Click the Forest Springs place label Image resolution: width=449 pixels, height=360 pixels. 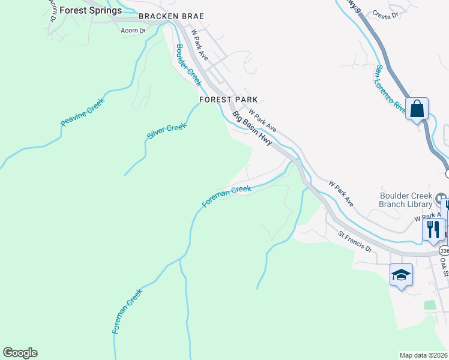tap(91, 10)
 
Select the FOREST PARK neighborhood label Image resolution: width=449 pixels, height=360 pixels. tap(229, 100)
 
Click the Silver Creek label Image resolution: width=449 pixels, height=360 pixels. tap(167, 131)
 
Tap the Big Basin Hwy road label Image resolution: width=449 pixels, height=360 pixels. tap(253, 128)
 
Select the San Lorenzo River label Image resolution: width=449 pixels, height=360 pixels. tap(391, 89)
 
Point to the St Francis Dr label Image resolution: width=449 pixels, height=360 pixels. tap(355, 242)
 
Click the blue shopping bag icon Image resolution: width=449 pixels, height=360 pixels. tap(417, 109)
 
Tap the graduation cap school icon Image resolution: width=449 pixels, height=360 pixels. tap(401, 275)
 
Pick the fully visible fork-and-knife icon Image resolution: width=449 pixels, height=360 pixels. tap(432, 229)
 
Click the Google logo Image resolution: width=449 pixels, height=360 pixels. tap(20, 353)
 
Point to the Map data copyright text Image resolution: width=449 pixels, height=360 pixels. tap(424, 355)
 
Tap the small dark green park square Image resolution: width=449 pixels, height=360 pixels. tap(429, 305)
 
